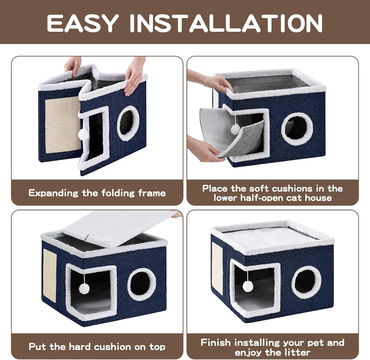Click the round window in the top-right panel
point(297,129)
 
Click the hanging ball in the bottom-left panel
point(84,289)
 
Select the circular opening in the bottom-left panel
point(141,285)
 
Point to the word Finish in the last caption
point(216,343)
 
